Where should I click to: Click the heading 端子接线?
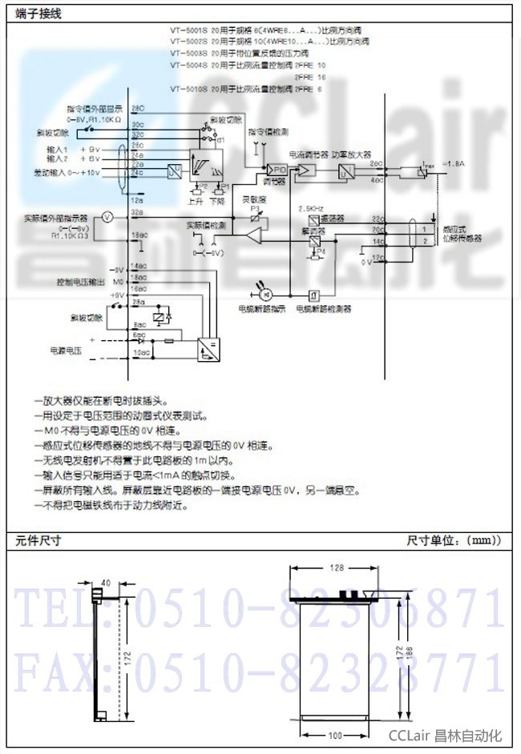(x=38, y=14)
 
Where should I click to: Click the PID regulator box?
(x=279, y=170)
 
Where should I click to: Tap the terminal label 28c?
(x=138, y=107)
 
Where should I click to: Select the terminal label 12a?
(x=137, y=199)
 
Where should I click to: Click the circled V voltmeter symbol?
(x=105, y=216)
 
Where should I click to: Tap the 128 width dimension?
(x=337, y=568)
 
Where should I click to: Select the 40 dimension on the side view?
(x=107, y=583)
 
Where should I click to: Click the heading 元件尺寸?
(x=38, y=541)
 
